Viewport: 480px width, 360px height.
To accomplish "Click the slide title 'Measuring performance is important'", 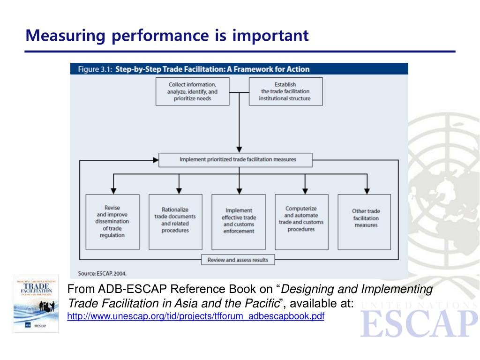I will (167, 35).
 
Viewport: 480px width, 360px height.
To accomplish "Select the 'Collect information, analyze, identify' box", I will (192, 91).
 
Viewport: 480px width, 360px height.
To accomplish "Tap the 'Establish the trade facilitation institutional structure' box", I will (285, 91).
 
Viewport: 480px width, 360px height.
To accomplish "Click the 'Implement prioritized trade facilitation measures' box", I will (238, 159).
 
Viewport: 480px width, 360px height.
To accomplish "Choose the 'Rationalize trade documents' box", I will (175, 221).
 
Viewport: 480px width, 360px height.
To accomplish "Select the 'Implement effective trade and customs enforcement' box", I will (239, 221).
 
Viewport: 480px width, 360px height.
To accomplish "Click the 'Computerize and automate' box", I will (301, 221).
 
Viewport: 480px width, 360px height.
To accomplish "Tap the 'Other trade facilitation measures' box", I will (366, 221).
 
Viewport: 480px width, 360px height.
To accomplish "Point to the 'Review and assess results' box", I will (238, 259).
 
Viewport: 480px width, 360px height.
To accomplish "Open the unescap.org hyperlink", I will (196, 316).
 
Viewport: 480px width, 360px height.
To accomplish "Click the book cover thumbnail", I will (36, 303).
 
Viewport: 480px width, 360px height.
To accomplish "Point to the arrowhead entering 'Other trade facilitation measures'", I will (367, 190).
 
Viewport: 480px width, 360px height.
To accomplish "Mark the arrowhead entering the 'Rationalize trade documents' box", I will (178, 190).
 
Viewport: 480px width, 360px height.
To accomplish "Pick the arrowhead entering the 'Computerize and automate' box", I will (305, 190).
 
